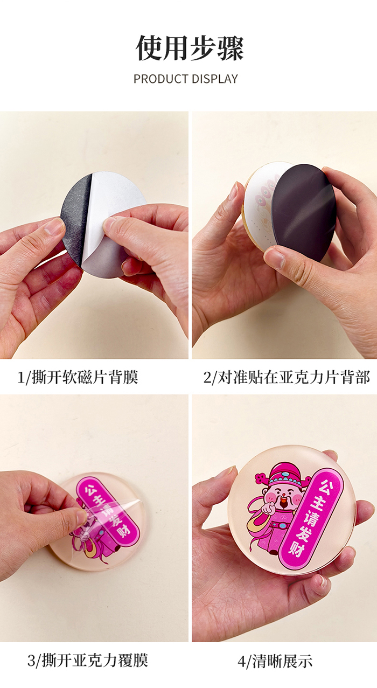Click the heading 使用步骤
pos(190,48)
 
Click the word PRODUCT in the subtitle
pos(161,79)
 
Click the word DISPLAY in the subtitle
pos(214,79)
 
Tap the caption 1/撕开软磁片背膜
pos(78,377)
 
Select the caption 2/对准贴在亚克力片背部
pos(287,377)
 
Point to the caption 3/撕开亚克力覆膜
pos(87,661)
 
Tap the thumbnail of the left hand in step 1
pos(54,226)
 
